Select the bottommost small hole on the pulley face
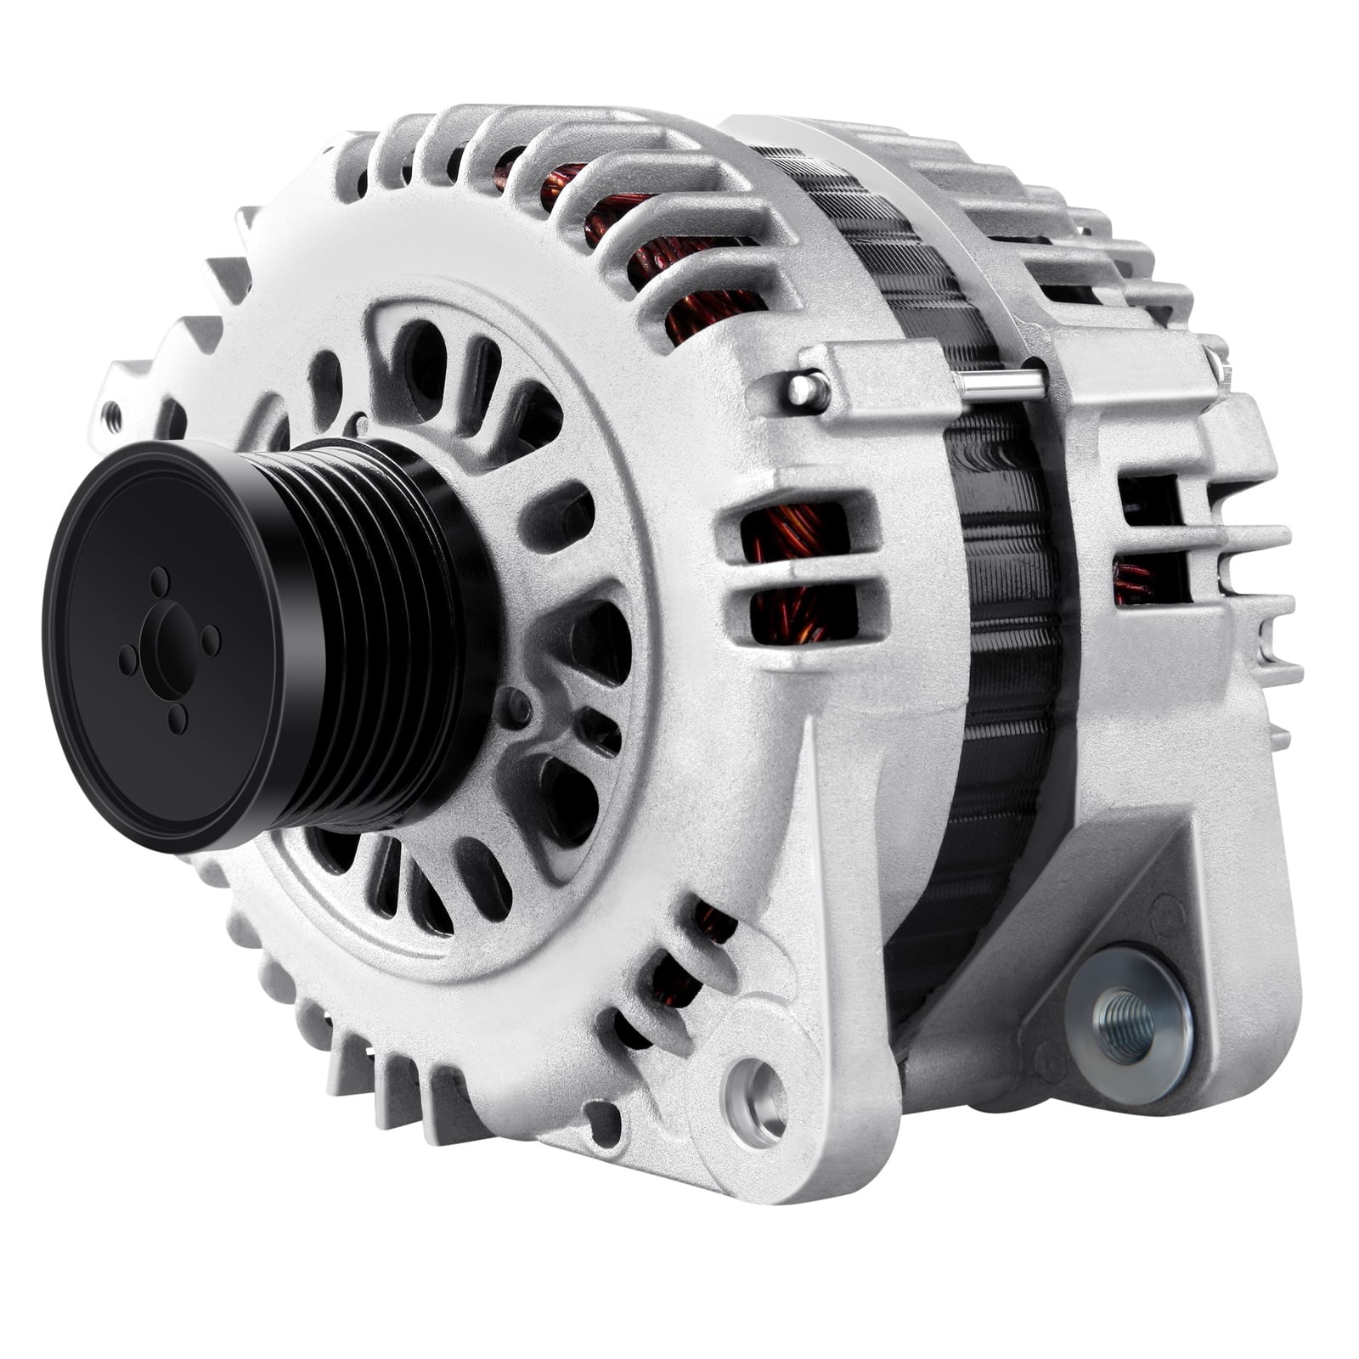tap(178, 719)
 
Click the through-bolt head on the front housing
tap(804, 388)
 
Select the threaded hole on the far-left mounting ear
tap(111, 416)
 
